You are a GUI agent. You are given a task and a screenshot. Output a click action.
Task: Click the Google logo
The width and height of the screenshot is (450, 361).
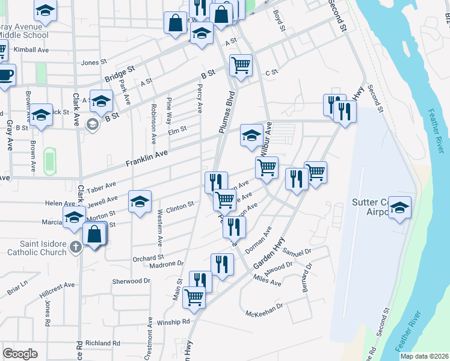click(x=20, y=354)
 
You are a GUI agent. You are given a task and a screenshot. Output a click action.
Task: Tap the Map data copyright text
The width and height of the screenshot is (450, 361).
click(x=425, y=356)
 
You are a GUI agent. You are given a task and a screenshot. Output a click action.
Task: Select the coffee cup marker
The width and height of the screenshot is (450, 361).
click(x=5, y=75)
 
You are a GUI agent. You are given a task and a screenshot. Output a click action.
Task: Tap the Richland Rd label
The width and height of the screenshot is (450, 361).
click(x=103, y=343)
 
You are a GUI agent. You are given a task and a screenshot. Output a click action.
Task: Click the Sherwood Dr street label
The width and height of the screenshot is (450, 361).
click(x=131, y=281)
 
